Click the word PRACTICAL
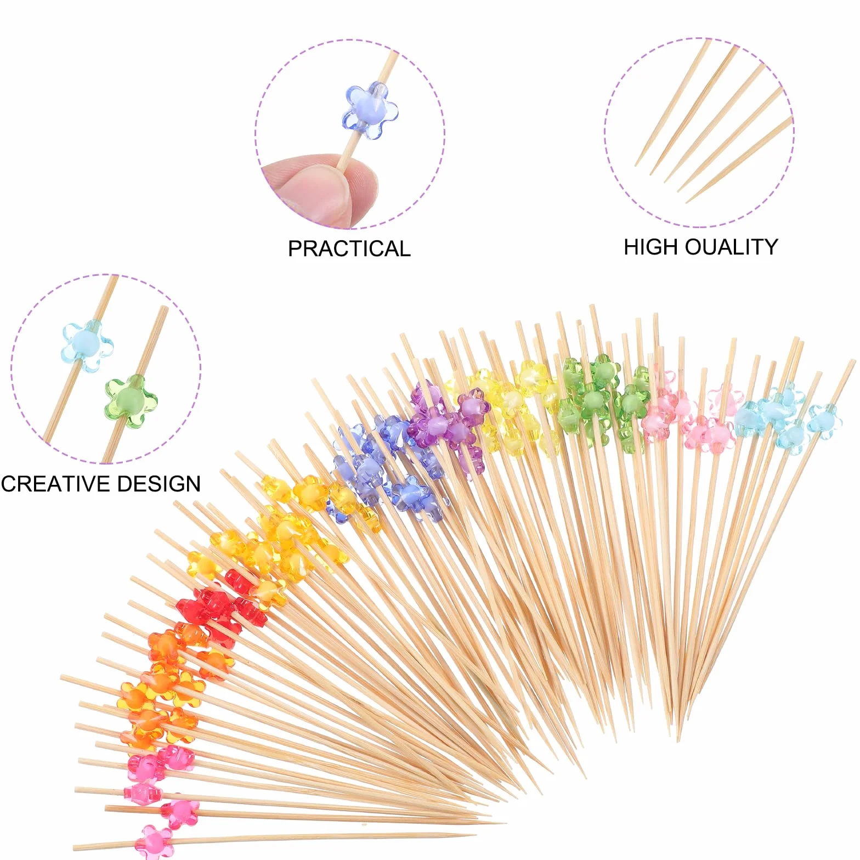[x=349, y=248]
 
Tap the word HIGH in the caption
[x=651, y=247]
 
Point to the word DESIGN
[x=159, y=484]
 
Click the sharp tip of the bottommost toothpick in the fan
[x=475, y=835]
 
